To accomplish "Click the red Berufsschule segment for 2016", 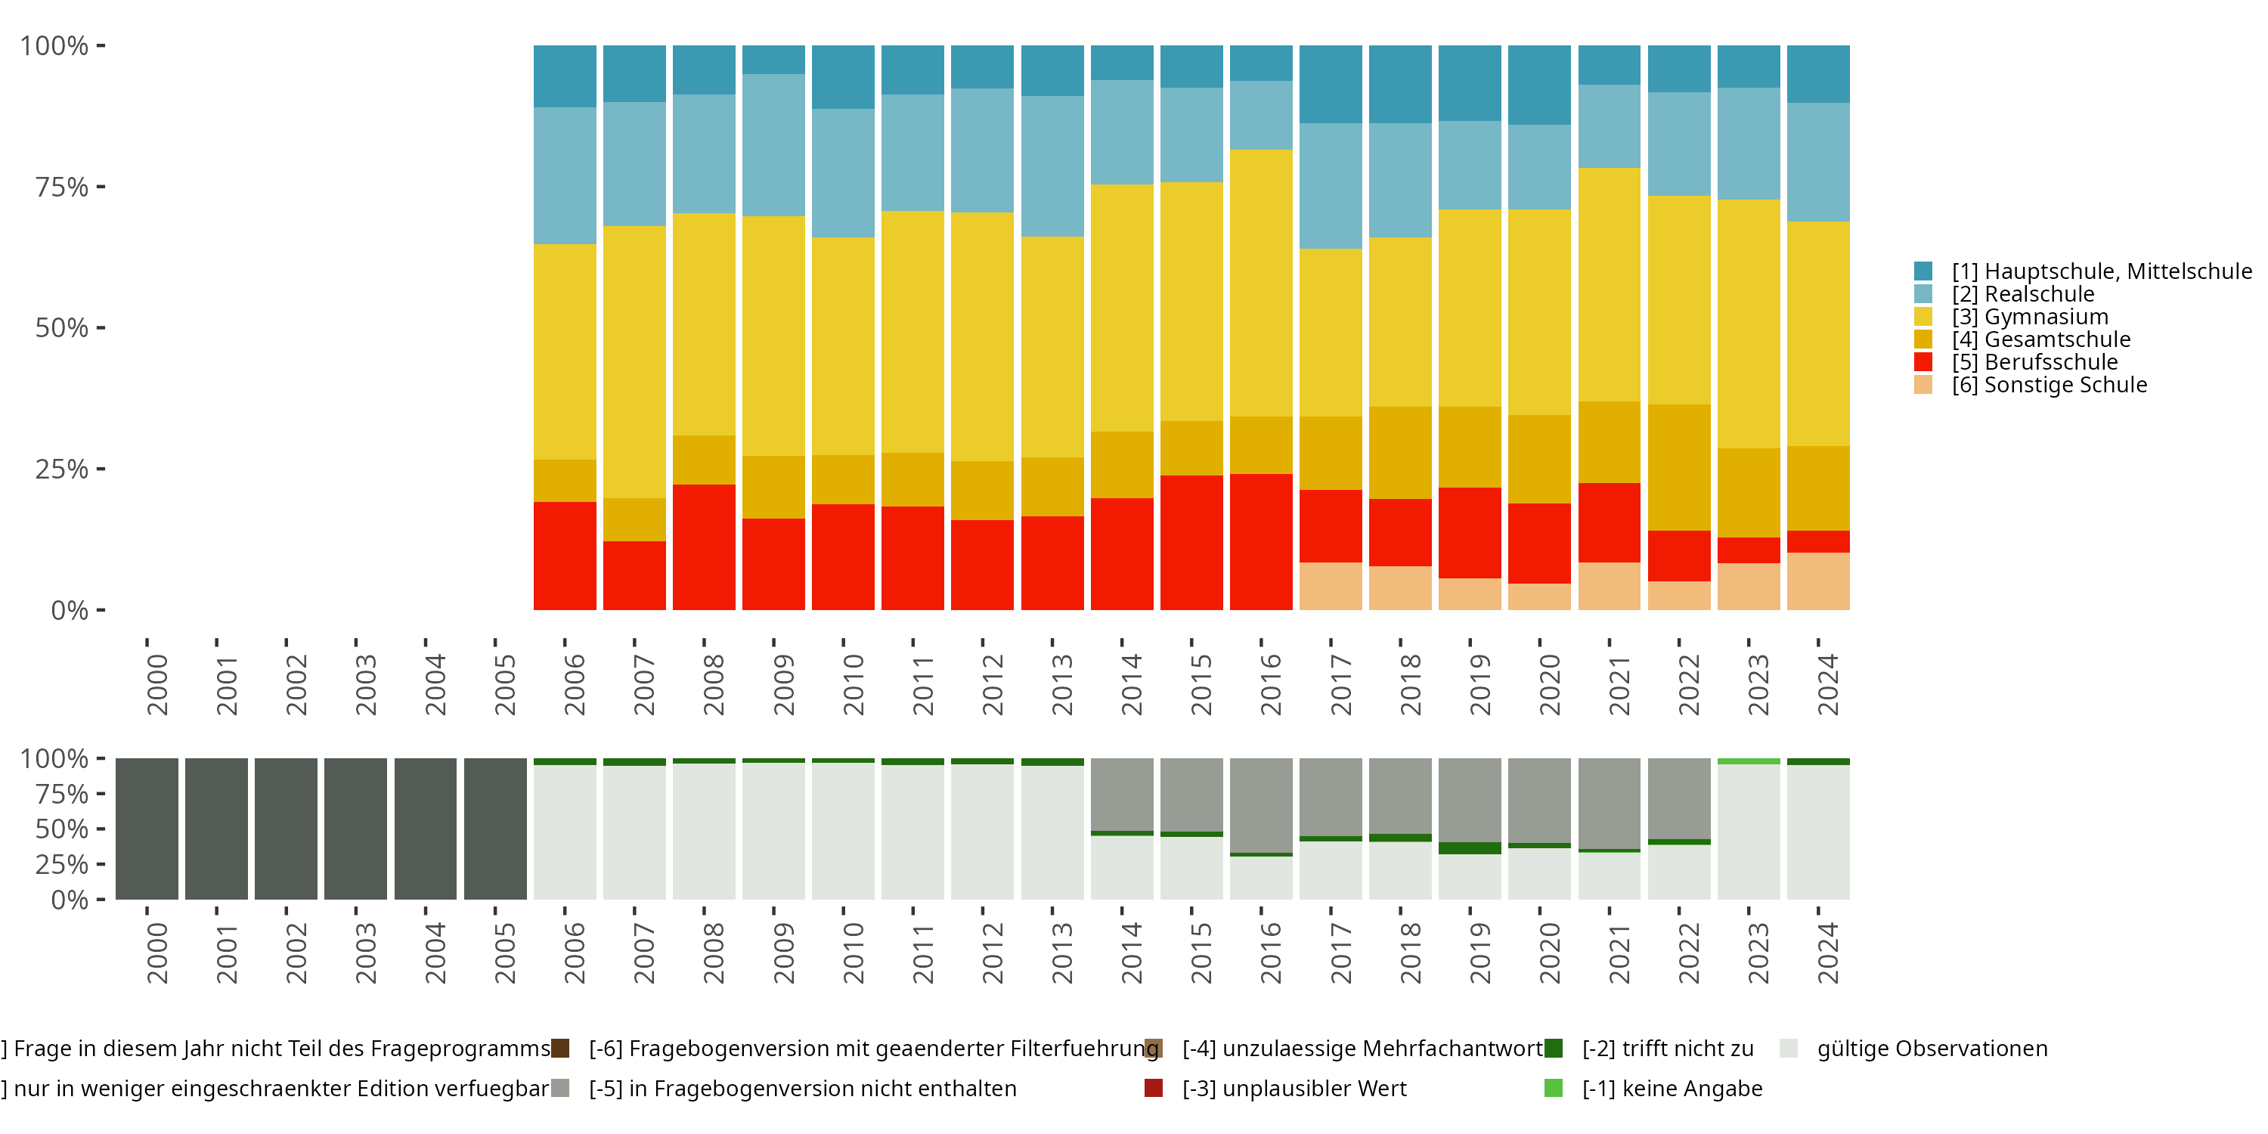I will tap(1261, 541).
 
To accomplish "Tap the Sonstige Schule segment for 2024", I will tap(1818, 581).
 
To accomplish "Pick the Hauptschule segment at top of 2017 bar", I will tap(1331, 84).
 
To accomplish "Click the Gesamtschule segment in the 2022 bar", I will tap(1679, 467).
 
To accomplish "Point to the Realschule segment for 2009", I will tap(773, 145).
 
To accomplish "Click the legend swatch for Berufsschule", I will tap(1923, 362).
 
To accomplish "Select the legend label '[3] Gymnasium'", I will tap(2029, 317).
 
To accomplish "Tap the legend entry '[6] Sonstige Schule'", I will tap(2049, 385).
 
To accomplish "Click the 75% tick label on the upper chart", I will tap(62, 187).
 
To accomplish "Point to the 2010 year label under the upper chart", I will tap(853, 684).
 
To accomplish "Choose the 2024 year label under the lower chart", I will tap(1828, 953).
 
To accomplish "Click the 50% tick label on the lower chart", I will tap(62, 829).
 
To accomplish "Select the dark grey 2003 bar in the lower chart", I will tap(355, 829).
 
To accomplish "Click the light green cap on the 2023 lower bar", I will tap(1749, 761).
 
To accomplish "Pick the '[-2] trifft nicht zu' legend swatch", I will tap(1553, 1048).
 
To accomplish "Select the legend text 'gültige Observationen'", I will tap(1932, 1049).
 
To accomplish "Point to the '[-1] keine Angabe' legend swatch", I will tap(1553, 1088).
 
